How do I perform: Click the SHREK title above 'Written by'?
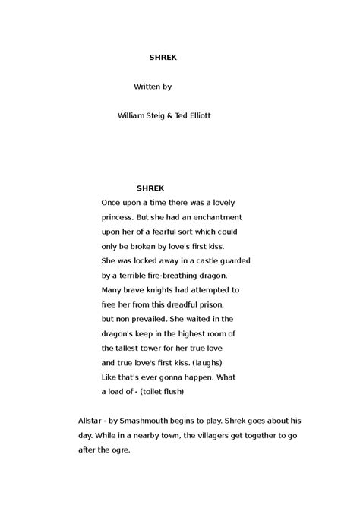[161, 56]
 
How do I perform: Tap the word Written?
[147, 87]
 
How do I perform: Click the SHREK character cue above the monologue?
[150, 188]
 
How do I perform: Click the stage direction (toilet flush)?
[159, 391]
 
